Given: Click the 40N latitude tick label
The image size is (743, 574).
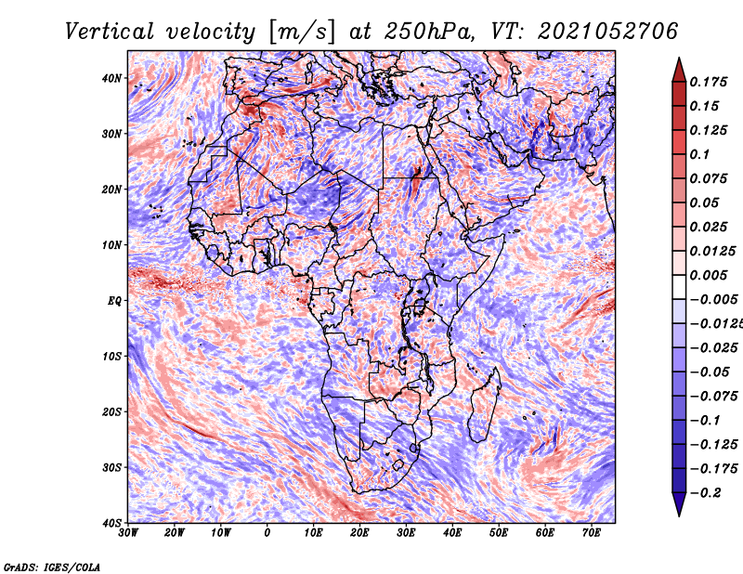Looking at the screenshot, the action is click(111, 78).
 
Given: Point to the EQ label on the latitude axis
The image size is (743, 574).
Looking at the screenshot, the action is click(114, 301).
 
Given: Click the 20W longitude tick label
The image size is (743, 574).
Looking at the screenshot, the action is click(175, 533).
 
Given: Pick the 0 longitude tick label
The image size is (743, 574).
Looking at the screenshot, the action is click(267, 533).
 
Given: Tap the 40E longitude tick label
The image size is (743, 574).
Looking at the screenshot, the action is click(452, 533).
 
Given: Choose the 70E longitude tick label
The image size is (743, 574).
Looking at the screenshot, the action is click(592, 533).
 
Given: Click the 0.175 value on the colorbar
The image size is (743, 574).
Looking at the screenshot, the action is click(708, 82).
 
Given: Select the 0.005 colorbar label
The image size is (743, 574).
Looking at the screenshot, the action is click(708, 275).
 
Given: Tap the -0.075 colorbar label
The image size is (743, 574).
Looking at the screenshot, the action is click(714, 397).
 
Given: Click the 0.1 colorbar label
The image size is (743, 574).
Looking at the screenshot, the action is click(700, 154).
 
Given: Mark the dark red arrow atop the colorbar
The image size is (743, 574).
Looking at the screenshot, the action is click(679, 70).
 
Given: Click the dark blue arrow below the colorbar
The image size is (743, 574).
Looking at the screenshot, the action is click(679, 504).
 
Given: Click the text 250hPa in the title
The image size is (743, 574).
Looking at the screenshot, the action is click(429, 32).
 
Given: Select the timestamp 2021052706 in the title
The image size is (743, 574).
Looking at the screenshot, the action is click(607, 32).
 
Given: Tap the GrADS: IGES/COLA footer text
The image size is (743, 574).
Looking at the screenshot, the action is click(52, 567).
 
